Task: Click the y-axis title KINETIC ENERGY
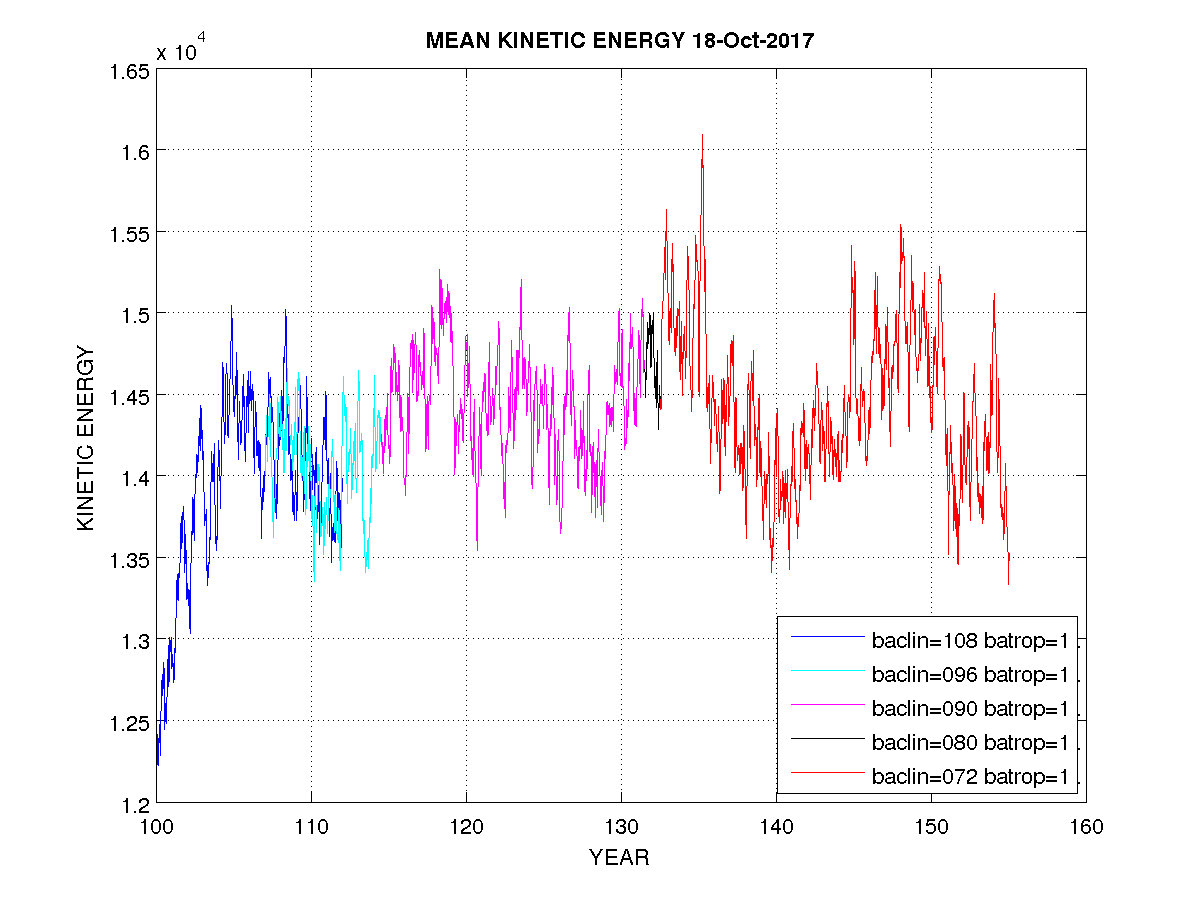87,438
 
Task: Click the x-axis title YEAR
619,858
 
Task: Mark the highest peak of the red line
702,135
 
